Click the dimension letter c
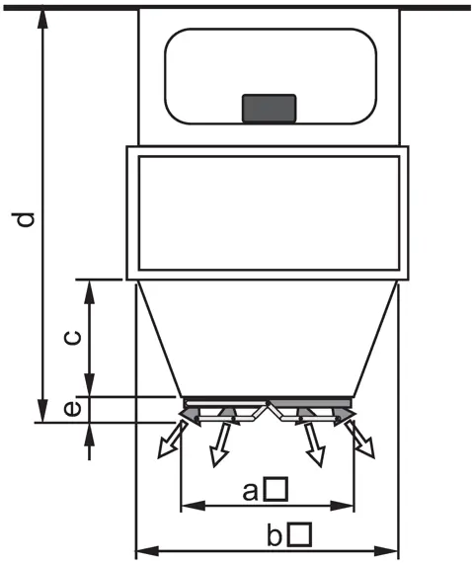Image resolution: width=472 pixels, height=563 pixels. [x=73, y=338]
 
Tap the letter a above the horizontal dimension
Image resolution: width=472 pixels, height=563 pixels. [x=250, y=492]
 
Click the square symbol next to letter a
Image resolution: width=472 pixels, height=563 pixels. [x=276, y=489]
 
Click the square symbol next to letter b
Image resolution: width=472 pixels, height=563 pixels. [x=300, y=534]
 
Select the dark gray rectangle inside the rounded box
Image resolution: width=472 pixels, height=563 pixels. [x=270, y=108]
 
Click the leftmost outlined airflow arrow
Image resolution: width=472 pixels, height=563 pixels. [x=172, y=440]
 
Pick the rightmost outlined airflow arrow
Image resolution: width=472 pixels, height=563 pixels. [x=360, y=440]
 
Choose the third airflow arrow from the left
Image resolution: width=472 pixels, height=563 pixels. [x=315, y=444]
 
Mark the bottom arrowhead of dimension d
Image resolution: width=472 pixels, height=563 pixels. [x=42, y=411]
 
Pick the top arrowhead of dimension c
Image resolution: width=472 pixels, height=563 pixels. [x=90, y=291]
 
